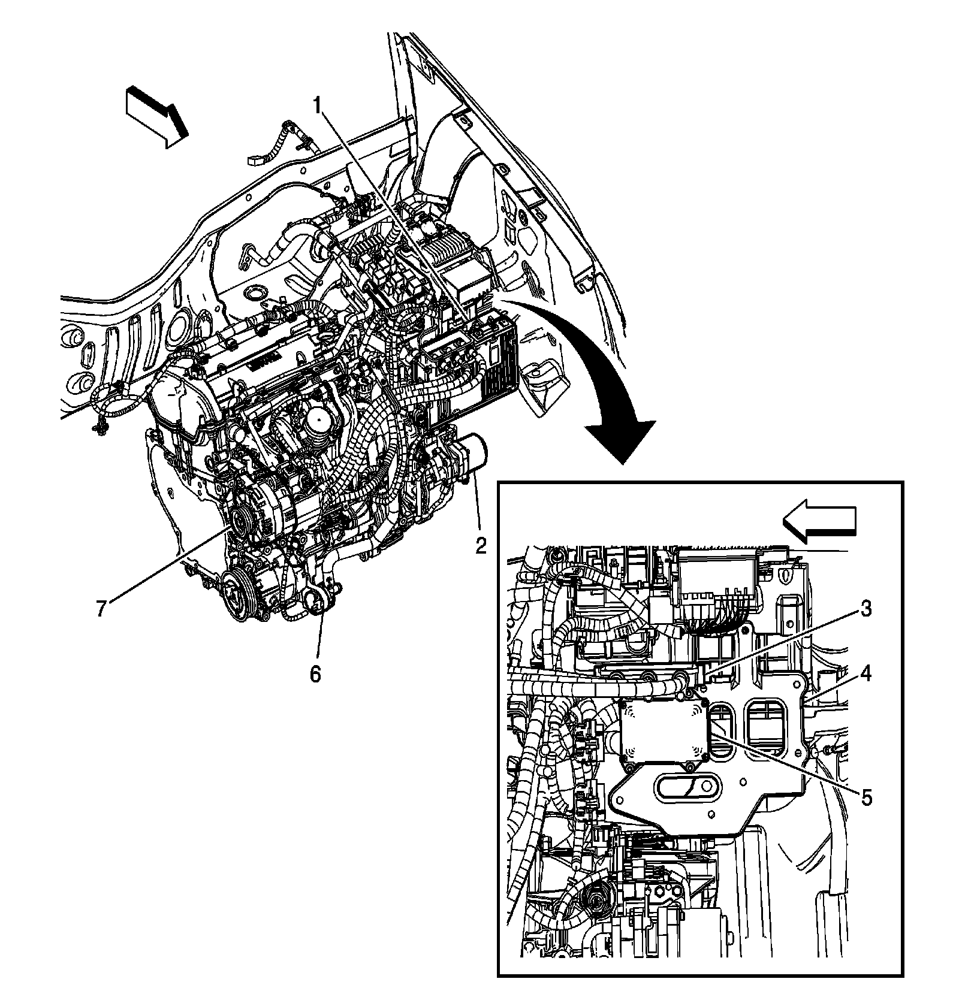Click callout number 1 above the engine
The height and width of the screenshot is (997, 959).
click(319, 107)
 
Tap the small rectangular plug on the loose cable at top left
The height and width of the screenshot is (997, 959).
click(255, 161)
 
